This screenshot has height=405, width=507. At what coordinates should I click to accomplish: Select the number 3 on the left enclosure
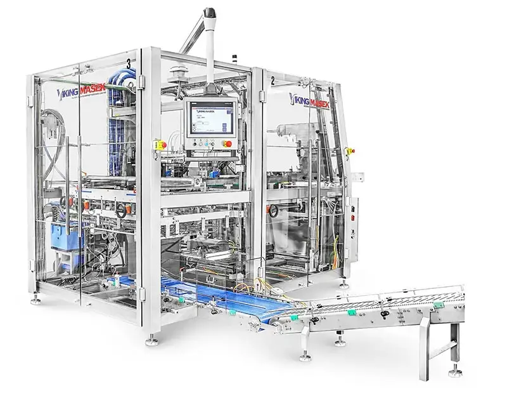pyautogui.click(x=129, y=63)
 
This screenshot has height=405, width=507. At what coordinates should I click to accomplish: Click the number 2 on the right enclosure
pyautogui.click(x=272, y=81)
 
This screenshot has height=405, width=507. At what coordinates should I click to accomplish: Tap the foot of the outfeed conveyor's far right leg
pyautogui.click(x=454, y=373)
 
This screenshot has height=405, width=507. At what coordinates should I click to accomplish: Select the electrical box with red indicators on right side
pyautogui.click(x=350, y=219)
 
